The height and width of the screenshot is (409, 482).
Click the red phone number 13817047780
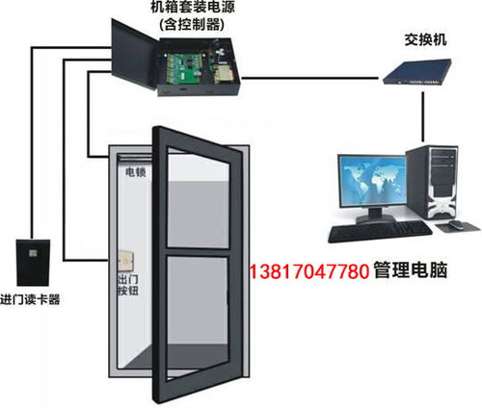tap(309, 271)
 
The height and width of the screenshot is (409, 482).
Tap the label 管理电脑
tap(411, 269)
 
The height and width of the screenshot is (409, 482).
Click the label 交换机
tap(425, 40)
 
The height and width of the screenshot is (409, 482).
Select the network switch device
tap(417, 71)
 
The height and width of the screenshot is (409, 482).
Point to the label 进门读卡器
tap(30, 300)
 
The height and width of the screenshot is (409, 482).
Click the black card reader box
tap(33, 263)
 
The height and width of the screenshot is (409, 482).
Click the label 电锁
tap(135, 172)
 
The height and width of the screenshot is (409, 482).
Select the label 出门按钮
tap(128, 285)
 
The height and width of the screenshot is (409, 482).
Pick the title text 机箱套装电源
tap(193, 8)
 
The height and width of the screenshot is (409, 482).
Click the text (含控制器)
tap(192, 24)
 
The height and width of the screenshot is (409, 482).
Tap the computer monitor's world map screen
tap(372, 181)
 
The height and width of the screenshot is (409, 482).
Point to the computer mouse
tap(456, 224)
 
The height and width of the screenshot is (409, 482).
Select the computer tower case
tap(432, 182)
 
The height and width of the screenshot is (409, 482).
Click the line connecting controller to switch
tap(309, 78)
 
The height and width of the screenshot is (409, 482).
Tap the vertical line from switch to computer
tap(423, 117)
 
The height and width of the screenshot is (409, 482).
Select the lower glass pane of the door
tap(198, 317)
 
